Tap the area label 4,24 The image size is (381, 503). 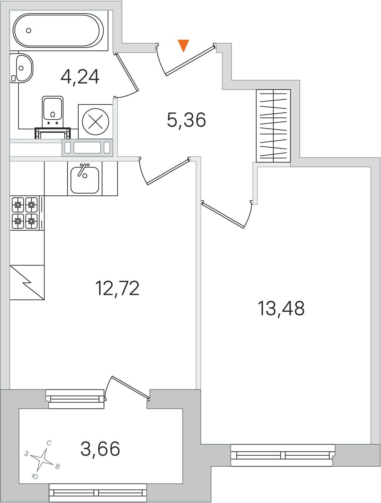pyautogui.click(x=80, y=77)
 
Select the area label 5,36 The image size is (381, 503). pyautogui.click(x=186, y=120)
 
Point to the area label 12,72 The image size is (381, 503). pyautogui.click(x=117, y=289)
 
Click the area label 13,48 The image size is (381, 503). pyautogui.click(x=281, y=308)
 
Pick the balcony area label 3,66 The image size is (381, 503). pyautogui.click(x=100, y=449)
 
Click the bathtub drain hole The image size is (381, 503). pyautogui.click(x=28, y=30)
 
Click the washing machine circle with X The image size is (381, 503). pyautogui.click(x=96, y=122)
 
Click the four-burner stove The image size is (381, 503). pyautogui.click(x=25, y=213)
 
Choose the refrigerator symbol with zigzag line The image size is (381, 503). pyautogui.click(x=27, y=282)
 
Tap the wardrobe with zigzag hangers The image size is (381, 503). pyautogui.click(x=273, y=126)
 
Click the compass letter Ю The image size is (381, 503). pyautogui.click(x=35, y=477)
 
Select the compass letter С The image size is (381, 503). pyautogui.click(x=49, y=443)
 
